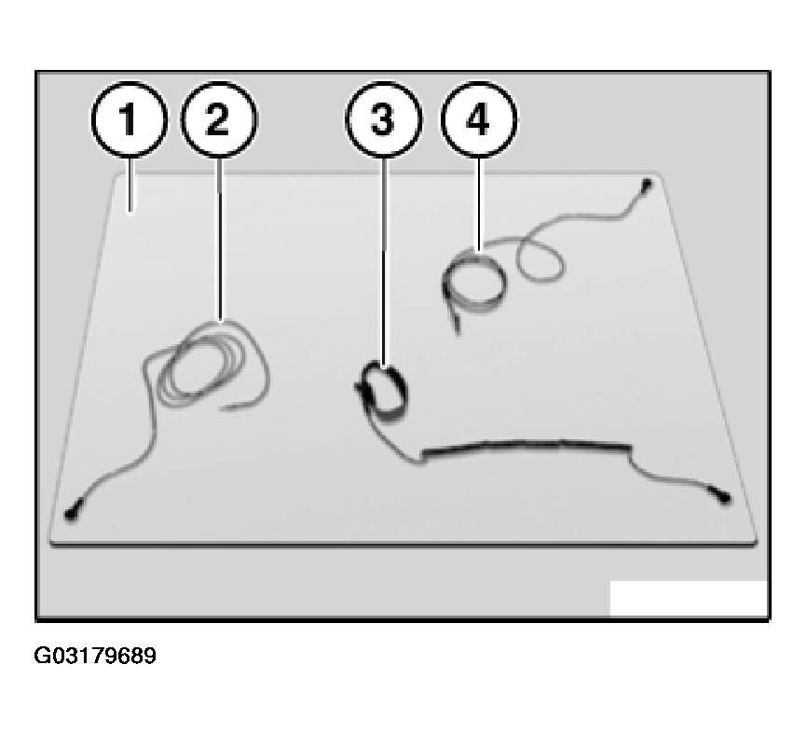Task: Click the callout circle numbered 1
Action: point(130,119)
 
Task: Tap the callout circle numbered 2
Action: point(219,119)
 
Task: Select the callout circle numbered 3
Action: point(383,119)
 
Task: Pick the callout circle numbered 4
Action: point(479,119)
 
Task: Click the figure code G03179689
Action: point(95,656)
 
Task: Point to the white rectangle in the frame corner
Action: point(689,598)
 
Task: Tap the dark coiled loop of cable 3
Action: point(383,392)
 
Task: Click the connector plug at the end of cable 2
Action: point(71,514)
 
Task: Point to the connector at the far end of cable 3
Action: point(723,497)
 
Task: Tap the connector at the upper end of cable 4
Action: point(647,184)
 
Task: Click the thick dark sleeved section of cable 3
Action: point(526,448)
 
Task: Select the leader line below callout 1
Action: point(130,185)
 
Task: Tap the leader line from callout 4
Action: point(479,204)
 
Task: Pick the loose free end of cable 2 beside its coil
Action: point(242,406)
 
